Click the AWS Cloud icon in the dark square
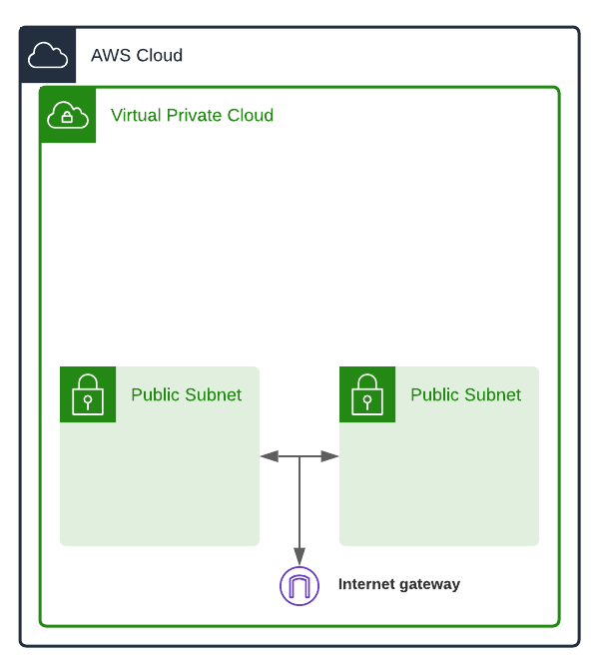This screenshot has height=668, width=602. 48,55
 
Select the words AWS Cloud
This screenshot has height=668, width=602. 137,56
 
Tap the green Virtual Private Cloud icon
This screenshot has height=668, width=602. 68,115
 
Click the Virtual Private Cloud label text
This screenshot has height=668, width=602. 192,116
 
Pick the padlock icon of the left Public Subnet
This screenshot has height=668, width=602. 88,394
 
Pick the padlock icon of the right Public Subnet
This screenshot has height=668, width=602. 367,394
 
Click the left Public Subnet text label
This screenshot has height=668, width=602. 186,395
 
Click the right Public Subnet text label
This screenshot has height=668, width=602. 465,395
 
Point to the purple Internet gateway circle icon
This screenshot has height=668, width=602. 300,586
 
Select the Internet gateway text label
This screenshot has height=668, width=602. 399,584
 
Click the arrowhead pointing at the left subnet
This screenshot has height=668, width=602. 269,456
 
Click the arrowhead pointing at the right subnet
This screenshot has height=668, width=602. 330,456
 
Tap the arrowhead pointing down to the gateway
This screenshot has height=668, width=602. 300,557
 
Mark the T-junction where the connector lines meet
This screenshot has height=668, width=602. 300,456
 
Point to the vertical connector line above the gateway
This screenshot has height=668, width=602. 300,504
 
